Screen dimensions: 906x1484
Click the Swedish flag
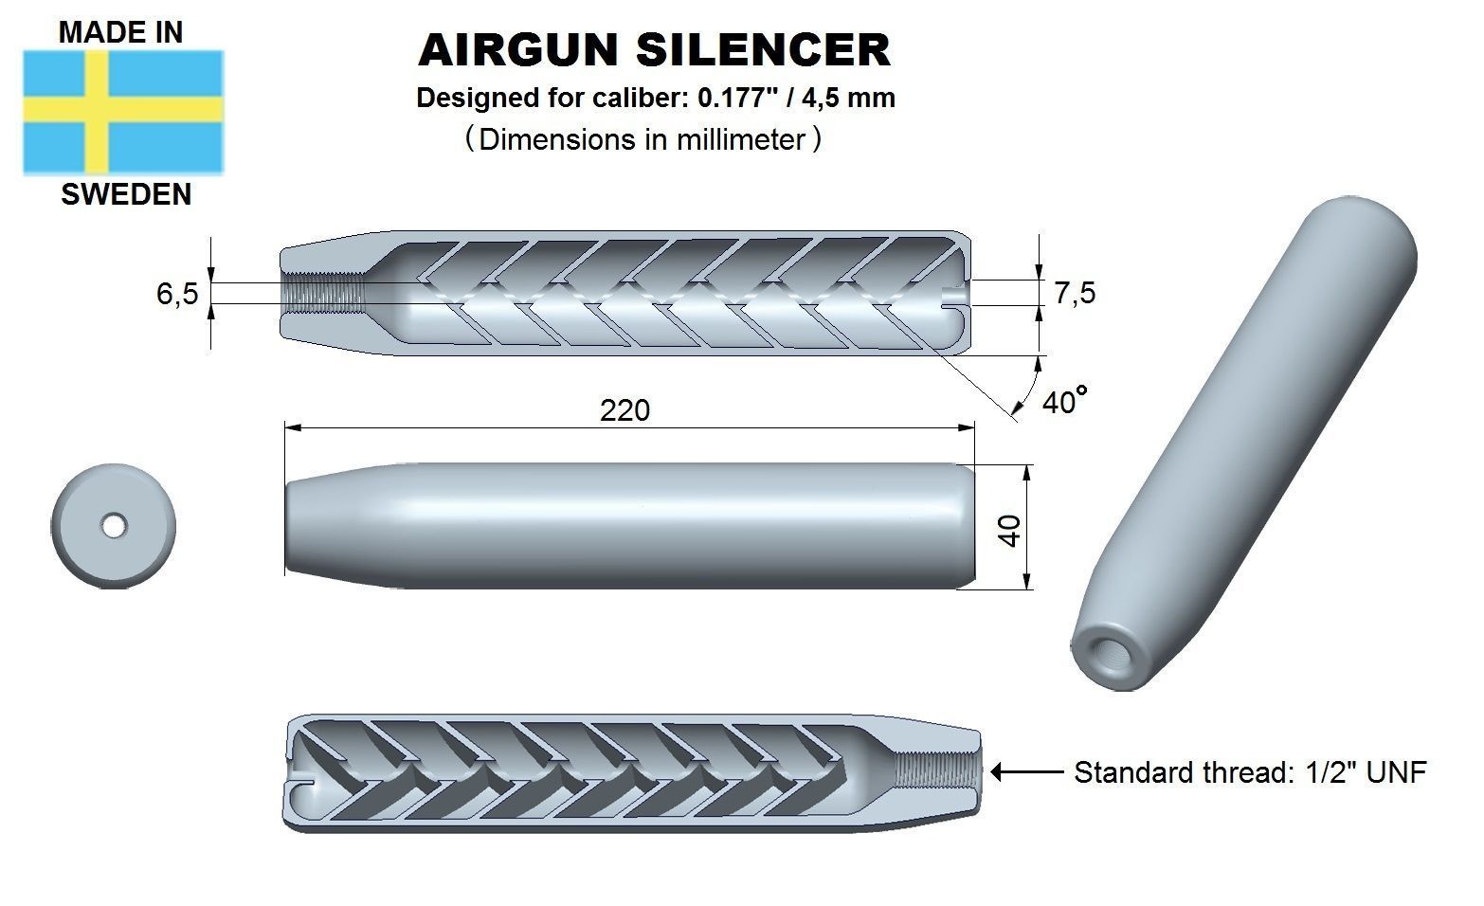tap(123, 113)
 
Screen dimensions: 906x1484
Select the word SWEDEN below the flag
tap(126, 194)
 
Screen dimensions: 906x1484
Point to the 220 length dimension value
tap(625, 410)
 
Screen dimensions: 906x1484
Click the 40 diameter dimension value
tap(1010, 530)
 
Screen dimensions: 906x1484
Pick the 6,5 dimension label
tap(177, 294)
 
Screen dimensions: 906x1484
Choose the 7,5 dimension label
tap(1075, 293)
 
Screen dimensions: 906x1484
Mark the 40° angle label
tap(1061, 402)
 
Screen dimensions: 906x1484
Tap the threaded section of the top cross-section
tap(324, 294)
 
